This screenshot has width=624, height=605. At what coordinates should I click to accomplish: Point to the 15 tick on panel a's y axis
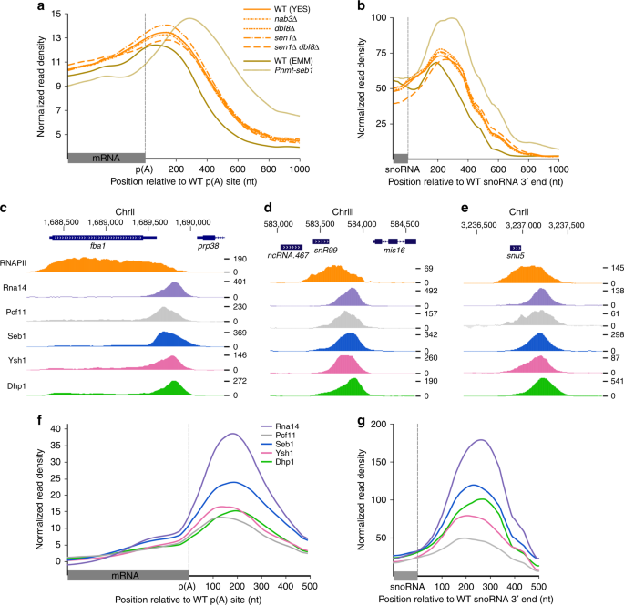point(56,15)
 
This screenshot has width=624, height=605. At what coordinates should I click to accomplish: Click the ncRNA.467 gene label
point(291,256)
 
